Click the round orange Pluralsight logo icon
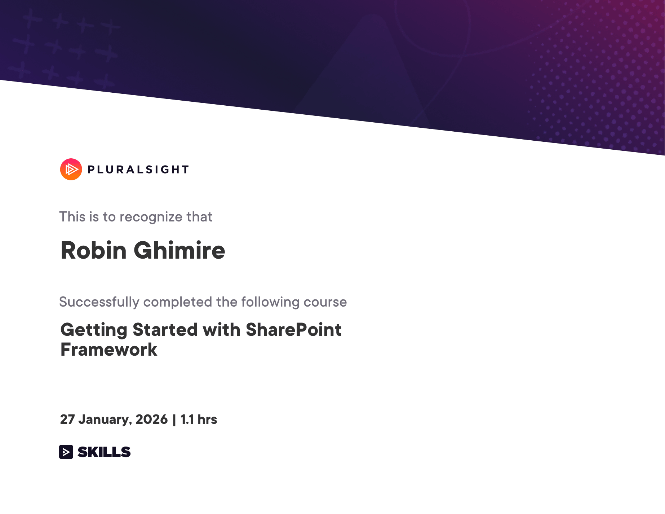click(71, 169)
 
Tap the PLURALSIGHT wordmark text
click(138, 170)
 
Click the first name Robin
click(94, 250)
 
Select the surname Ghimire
click(179, 250)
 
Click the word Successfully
click(99, 302)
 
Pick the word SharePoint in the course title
click(293, 330)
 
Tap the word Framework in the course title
click(109, 350)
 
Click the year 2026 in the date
click(151, 419)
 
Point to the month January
click(105, 419)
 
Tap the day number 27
click(67, 419)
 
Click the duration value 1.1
click(187, 419)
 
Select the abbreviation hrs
click(207, 419)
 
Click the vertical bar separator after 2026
click(174, 419)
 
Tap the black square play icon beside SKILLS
click(66, 452)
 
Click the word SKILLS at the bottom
click(104, 452)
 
